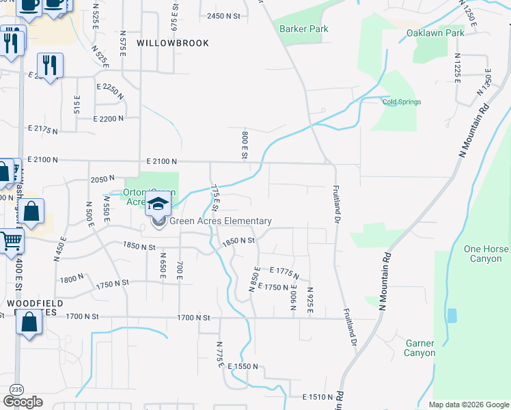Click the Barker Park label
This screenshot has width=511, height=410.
pyautogui.click(x=304, y=29)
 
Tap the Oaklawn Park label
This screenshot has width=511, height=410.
pyautogui.click(x=435, y=33)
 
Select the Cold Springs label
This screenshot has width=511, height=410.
pyautogui.click(x=402, y=102)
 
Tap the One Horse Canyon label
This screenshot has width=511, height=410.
pyautogui.click(x=486, y=254)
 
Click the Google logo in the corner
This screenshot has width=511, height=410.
pyautogui.click(x=23, y=402)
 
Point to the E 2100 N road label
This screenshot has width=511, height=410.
pyautogui.click(x=161, y=161)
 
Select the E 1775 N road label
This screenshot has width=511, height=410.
pyautogui.click(x=284, y=273)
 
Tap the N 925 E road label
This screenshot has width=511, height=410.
pyautogui.click(x=309, y=301)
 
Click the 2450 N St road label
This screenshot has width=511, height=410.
pyautogui.click(x=225, y=16)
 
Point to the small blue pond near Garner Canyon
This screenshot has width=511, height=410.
pyautogui.click(x=451, y=316)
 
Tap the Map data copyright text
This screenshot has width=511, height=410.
pyautogui.click(x=469, y=405)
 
